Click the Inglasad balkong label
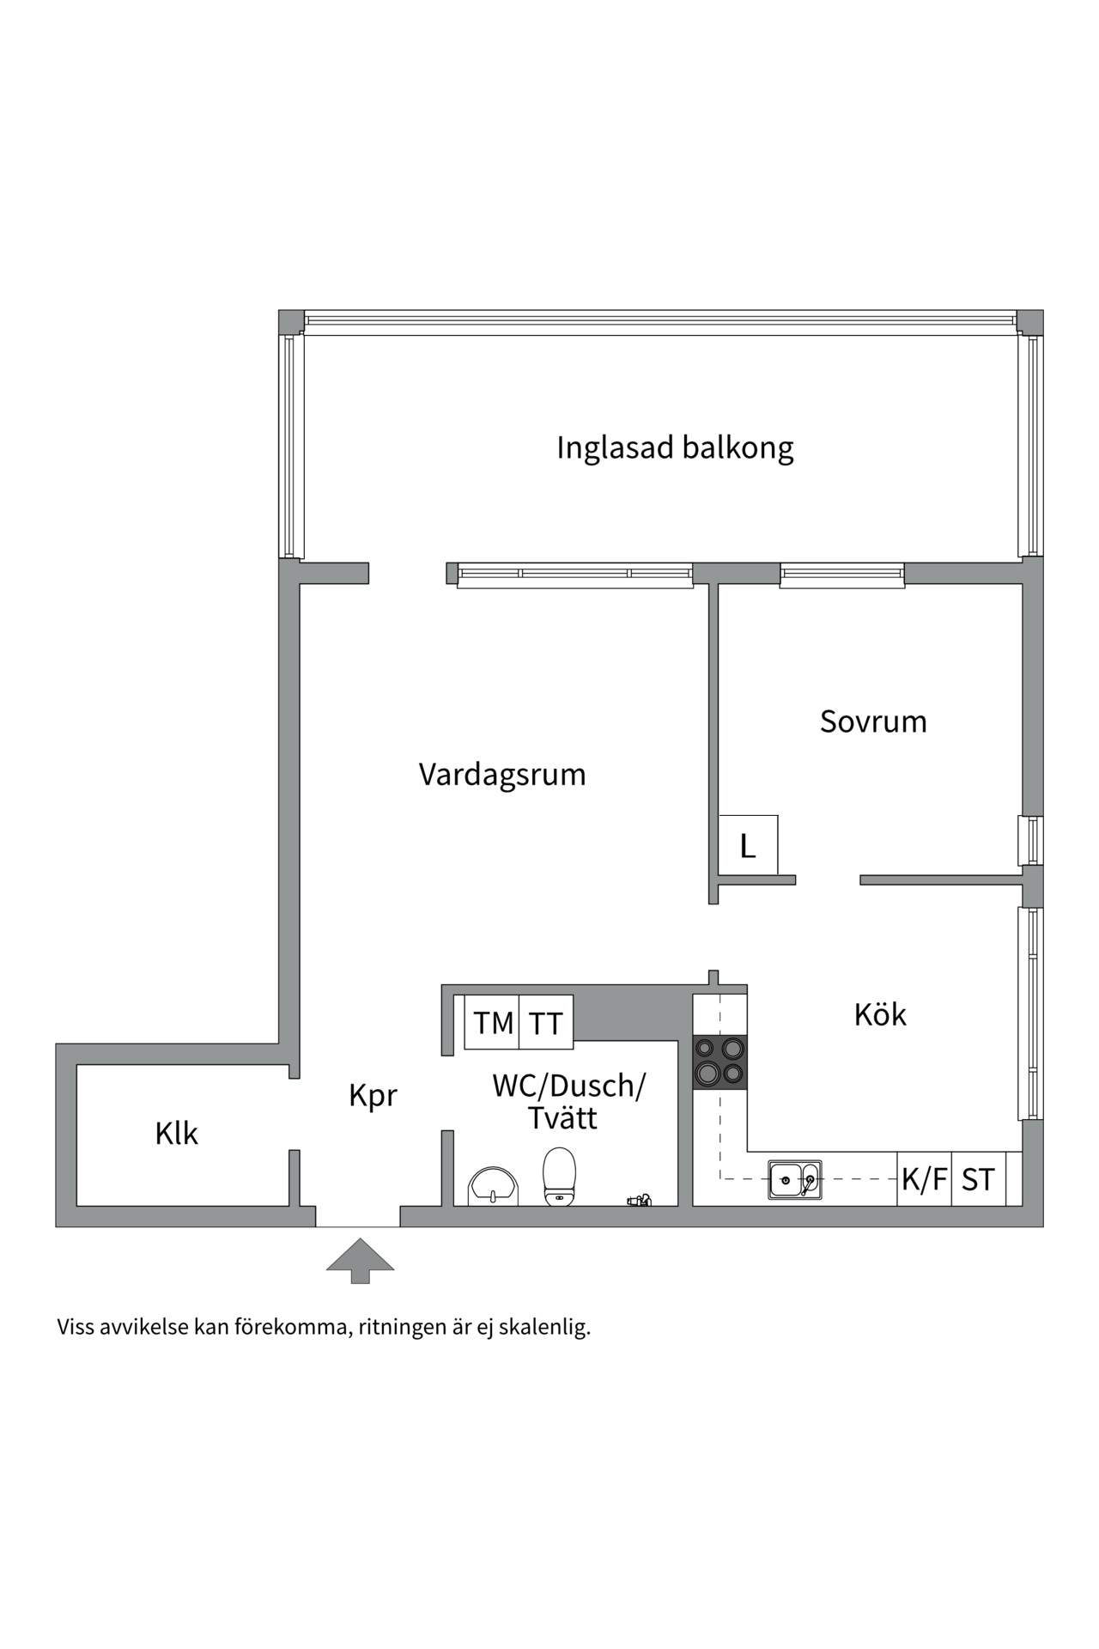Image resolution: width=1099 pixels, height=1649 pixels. [x=675, y=448]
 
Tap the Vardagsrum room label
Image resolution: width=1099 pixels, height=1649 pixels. [x=502, y=775]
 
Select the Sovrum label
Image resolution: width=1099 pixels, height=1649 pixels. [x=873, y=721]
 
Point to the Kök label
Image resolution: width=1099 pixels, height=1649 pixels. [x=880, y=1015]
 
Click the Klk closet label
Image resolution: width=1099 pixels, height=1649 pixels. [x=176, y=1134]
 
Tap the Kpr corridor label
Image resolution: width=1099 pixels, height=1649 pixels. [x=373, y=1097]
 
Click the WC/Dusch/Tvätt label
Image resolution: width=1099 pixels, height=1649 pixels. [x=568, y=1102]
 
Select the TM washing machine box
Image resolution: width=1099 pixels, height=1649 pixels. [x=493, y=1023]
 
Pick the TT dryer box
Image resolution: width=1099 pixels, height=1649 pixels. [x=546, y=1023]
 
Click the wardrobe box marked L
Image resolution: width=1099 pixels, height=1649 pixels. [x=748, y=847]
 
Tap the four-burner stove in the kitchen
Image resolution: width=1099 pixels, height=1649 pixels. [x=720, y=1062]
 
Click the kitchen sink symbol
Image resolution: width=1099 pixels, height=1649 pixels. [x=794, y=1180]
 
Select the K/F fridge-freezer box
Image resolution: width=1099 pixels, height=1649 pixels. [x=924, y=1180]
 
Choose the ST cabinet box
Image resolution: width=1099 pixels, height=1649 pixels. [x=978, y=1180]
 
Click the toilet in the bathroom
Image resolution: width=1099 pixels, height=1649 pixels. [x=559, y=1177]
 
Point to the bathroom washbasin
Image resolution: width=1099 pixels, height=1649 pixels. [x=493, y=1187]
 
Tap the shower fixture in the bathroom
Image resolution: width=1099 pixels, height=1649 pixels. [x=639, y=1199]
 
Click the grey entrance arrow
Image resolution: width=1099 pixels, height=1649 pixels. [x=360, y=1259]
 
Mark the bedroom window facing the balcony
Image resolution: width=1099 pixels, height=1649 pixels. [x=841, y=575]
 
